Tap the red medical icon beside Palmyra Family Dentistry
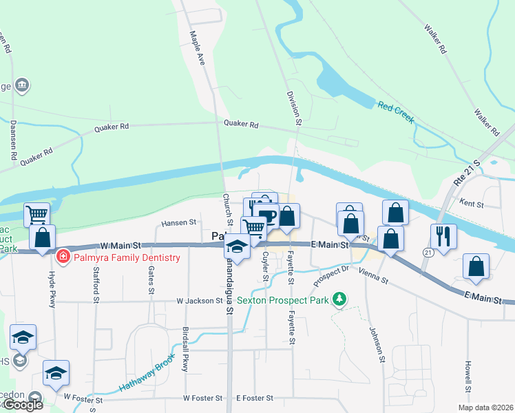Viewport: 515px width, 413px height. (63, 257)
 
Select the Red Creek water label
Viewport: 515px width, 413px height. (395, 112)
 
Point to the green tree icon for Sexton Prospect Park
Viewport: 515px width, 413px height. (338, 299)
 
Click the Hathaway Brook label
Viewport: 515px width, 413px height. (142, 373)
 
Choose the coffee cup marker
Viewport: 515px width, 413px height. (267, 215)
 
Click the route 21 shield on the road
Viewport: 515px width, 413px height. (428, 253)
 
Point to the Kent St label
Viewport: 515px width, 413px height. (472, 204)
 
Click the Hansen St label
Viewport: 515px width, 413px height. (179, 223)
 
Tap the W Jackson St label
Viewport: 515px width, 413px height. (200, 301)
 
